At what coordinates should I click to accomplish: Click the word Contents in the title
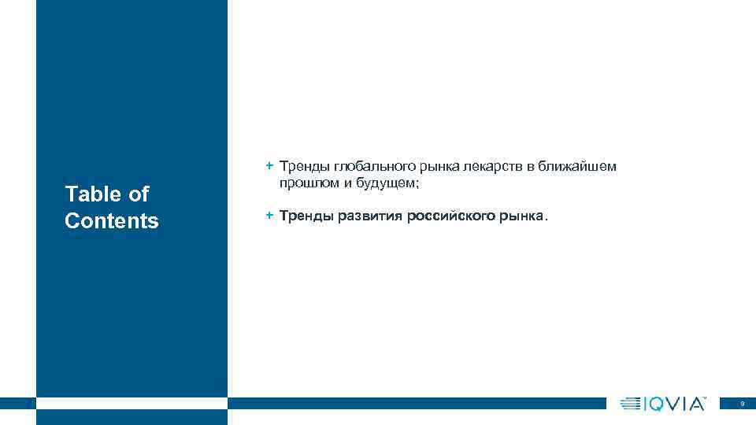click(112, 221)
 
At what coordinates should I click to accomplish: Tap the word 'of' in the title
click(137, 194)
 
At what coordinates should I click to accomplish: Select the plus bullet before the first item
click(269, 166)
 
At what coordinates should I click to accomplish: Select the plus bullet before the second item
click(269, 215)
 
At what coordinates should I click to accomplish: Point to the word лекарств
click(498, 167)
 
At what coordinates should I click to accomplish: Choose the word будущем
click(381, 183)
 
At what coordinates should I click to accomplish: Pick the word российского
click(450, 216)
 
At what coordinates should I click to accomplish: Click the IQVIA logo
click(663, 404)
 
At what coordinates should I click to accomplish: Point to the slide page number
click(742, 404)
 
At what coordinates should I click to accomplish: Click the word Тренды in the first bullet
click(303, 167)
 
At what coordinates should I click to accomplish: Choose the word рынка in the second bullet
click(520, 216)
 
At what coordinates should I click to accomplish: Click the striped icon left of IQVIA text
click(631, 404)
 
